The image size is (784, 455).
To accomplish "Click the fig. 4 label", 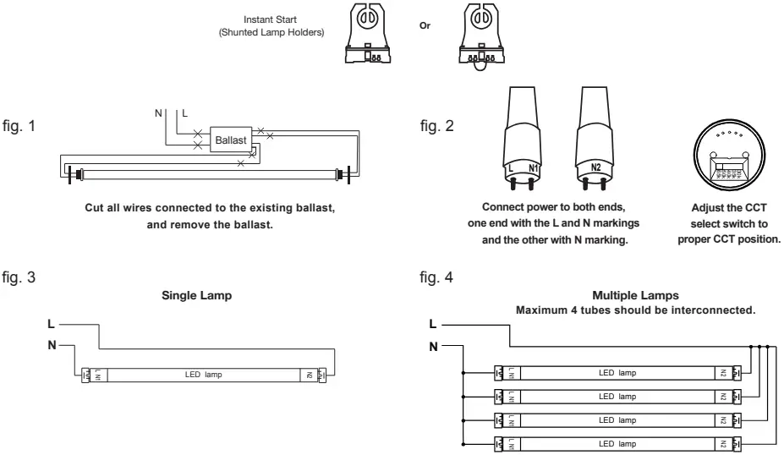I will click(x=436, y=276).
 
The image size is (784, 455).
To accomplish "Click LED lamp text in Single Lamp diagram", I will click(x=203, y=374).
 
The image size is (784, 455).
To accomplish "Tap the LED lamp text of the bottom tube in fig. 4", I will click(x=617, y=442).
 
